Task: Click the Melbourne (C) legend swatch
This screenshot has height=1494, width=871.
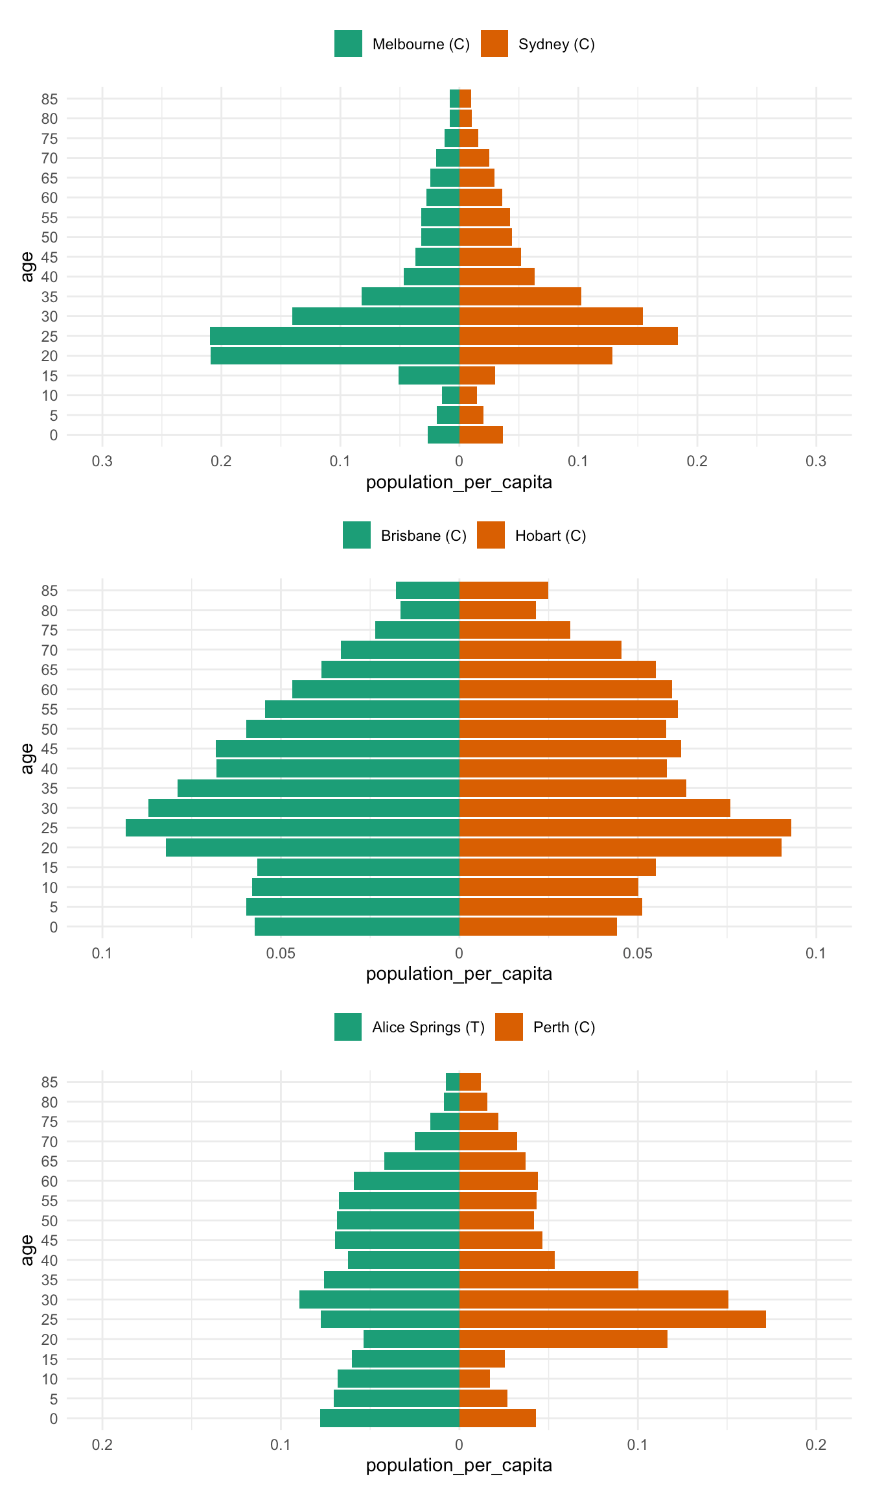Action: [x=348, y=43]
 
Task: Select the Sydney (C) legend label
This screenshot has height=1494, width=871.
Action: [x=556, y=44]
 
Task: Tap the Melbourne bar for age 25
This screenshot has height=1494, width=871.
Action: [x=334, y=336]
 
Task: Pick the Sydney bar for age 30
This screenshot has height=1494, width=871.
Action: [x=551, y=316]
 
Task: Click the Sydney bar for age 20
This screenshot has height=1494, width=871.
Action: [x=535, y=356]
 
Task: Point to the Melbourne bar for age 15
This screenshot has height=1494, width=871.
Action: [x=429, y=375]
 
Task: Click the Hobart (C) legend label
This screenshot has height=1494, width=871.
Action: [x=550, y=536]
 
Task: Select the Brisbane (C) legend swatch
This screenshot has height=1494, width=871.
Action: [x=356, y=535]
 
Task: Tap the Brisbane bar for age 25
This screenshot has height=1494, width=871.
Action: [x=292, y=828]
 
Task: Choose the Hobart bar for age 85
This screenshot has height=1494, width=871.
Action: [x=504, y=591]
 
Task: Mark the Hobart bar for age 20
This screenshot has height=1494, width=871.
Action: [x=620, y=848]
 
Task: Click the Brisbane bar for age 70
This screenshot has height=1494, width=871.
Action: [x=400, y=650]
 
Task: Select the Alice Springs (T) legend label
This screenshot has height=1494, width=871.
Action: [x=428, y=1027]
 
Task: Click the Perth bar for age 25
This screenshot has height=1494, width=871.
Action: [x=612, y=1319]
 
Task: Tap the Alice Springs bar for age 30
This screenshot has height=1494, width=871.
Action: [x=379, y=1299]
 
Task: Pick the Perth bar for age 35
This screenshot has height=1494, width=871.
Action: [x=548, y=1279]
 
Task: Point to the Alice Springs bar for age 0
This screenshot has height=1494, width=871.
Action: [x=389, y=1418]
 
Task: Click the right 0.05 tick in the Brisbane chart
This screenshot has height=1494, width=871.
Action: [x=638, y=953]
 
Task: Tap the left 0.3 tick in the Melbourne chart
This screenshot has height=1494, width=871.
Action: [x=102, y=461]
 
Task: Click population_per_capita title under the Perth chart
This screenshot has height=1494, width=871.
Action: [x=459, y=1465]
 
